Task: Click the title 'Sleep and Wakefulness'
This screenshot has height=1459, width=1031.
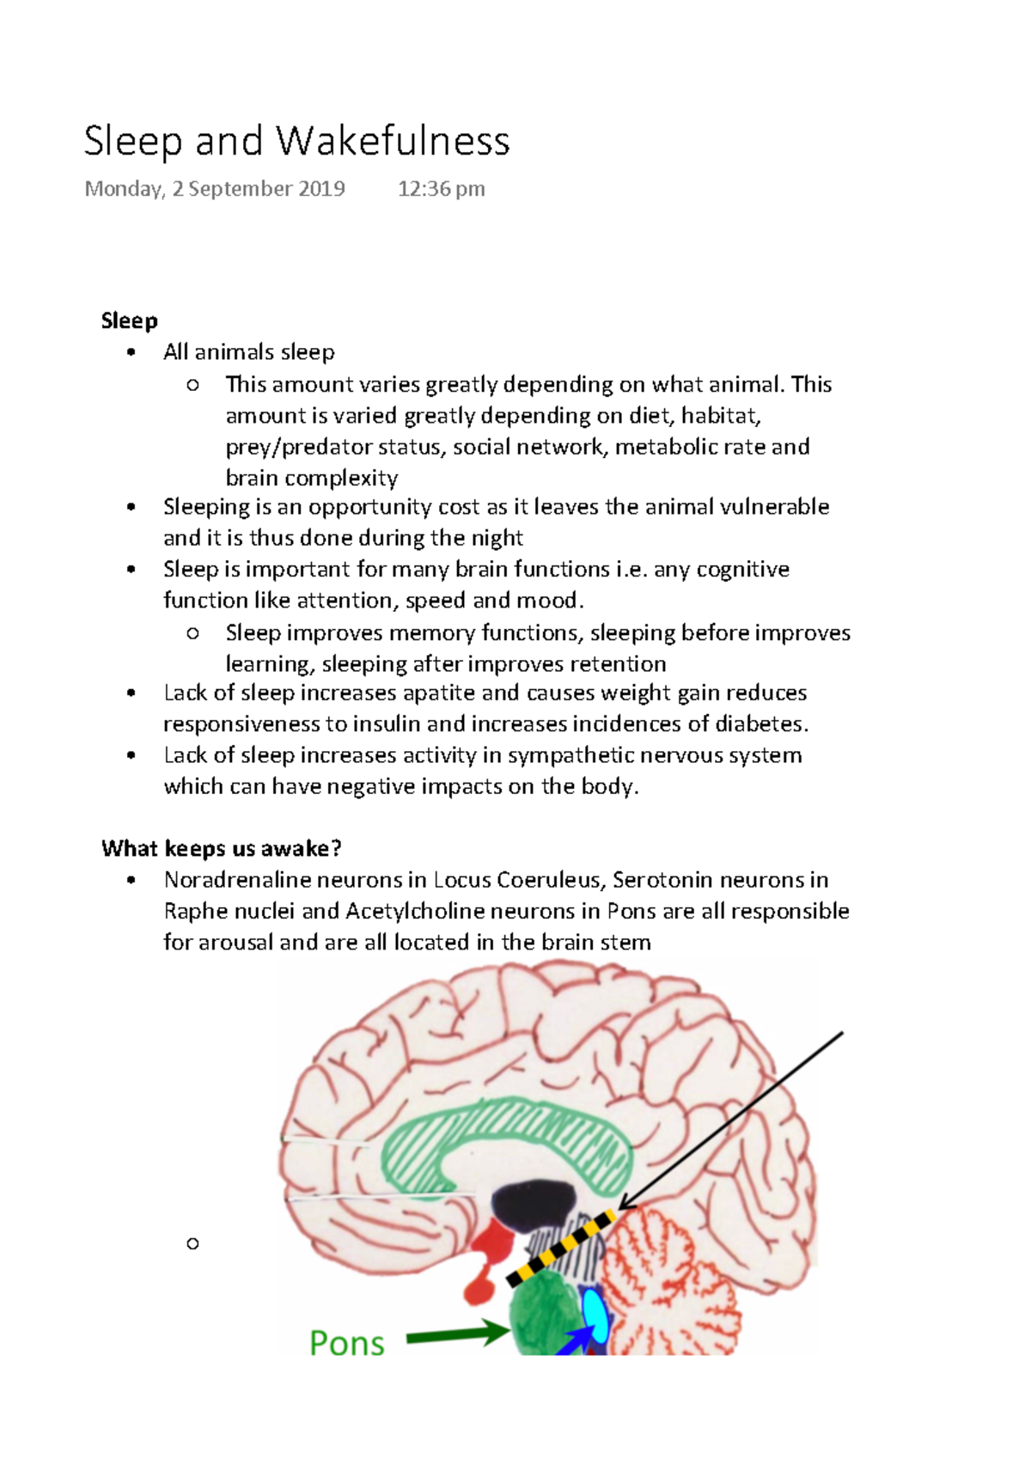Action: coord(296,141)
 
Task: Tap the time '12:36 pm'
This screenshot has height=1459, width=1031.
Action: coord(441,189)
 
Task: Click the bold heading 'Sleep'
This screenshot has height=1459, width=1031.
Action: coord(129,321)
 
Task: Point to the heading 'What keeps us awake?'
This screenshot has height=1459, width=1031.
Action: coord(222,849)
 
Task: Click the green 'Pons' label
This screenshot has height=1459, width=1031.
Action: coord(346,1343)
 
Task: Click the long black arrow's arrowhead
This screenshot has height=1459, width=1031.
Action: coord(625,1204)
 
